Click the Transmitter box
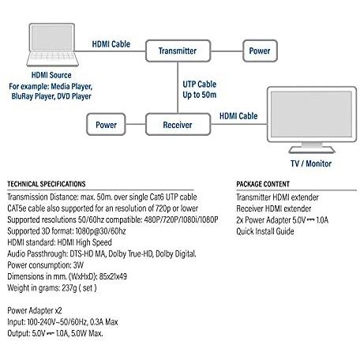tap(178, 51)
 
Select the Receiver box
tap(178, 125)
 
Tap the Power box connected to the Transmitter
tap(260, 51)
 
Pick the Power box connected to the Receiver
tap(106, 125)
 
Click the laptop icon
tap(52, 45)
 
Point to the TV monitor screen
tap(311, 114)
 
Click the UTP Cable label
tap(200, 84)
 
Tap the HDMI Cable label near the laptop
tap(111, 44)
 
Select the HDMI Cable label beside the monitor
tap(238, 116)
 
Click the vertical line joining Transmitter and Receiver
tap(178, 88)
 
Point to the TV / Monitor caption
tap(311, 163)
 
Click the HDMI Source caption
tap(51, 75)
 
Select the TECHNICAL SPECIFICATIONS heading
tap(47, 184)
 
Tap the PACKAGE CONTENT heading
tap(263, 184)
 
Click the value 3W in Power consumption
tap(78, 265)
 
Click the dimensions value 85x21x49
tap(113, 276)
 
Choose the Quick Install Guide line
tap(265, 231)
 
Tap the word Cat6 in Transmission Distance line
tap(156, 197)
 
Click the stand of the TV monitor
tap(312, 148)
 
